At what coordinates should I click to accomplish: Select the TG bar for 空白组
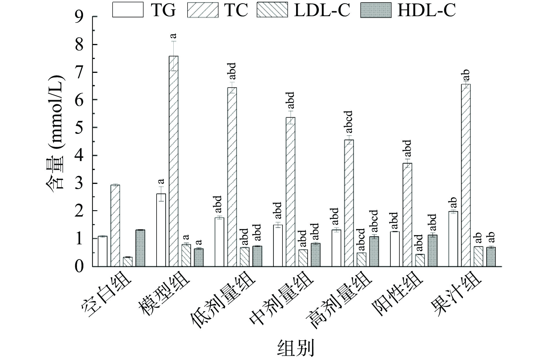[x=102, y=251]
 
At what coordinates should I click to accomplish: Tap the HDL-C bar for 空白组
[x=140, y=248]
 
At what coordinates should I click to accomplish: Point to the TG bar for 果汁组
[x=453, y=239]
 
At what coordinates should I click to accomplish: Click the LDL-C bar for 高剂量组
[x=361, y=259]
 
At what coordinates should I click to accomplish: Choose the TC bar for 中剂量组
[x=290, y=192]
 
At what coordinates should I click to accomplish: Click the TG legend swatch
[x=128, y=10]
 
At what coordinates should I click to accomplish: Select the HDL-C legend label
[x=426, y=10]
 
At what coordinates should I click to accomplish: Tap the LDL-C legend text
[x=322, y=10]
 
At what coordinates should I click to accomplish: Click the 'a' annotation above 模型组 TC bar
[x=173, y=36]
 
